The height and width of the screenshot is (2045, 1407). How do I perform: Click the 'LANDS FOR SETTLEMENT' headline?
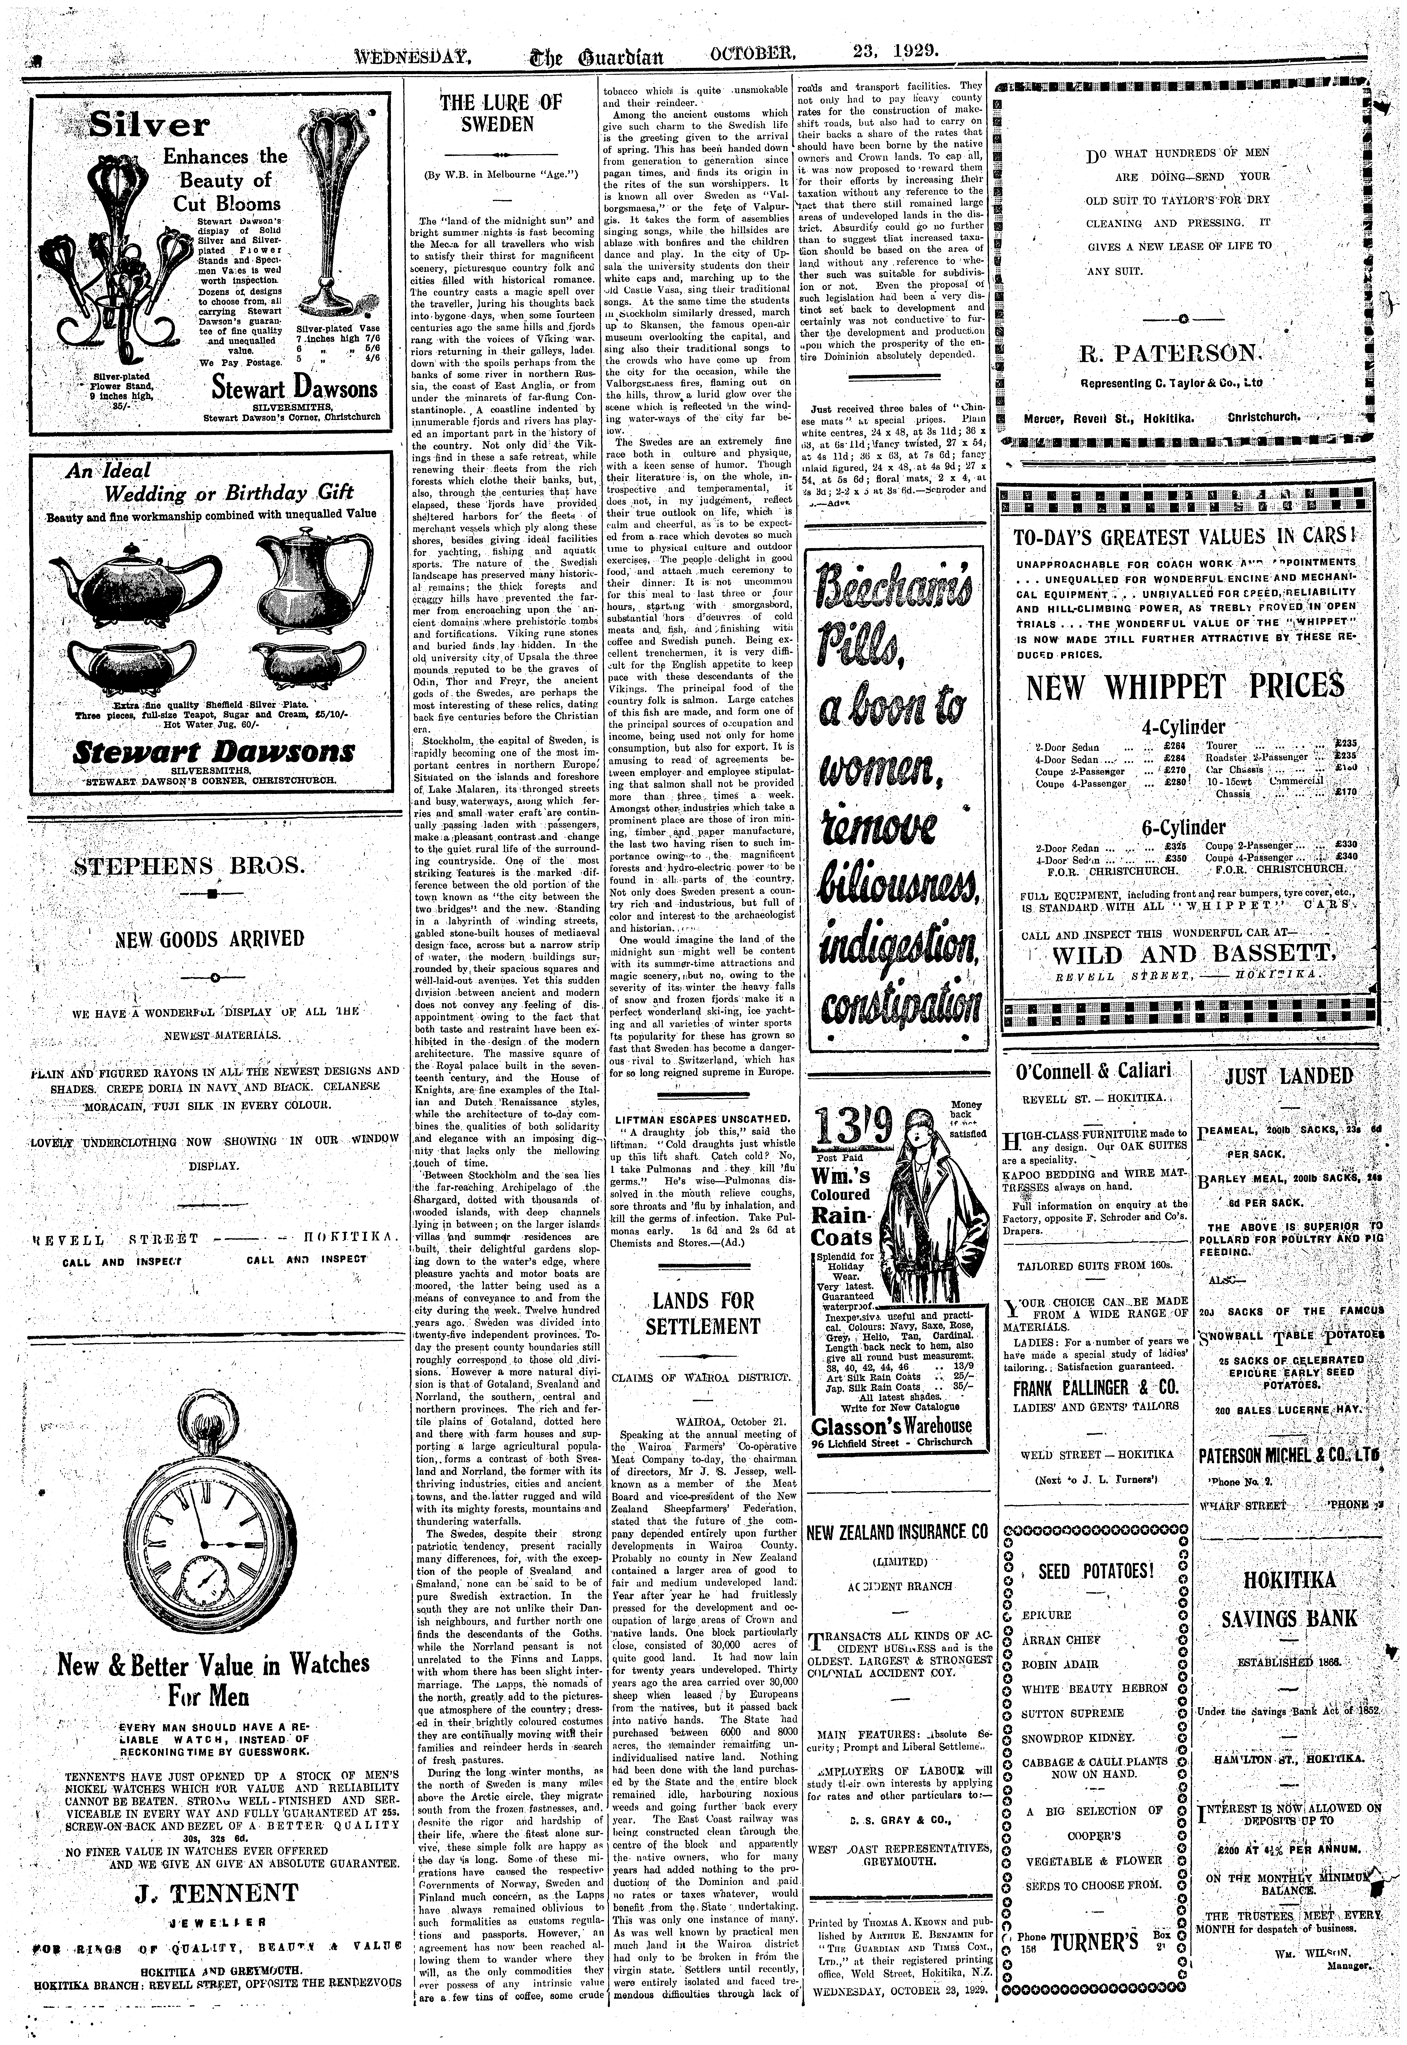tap(703, 1314)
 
